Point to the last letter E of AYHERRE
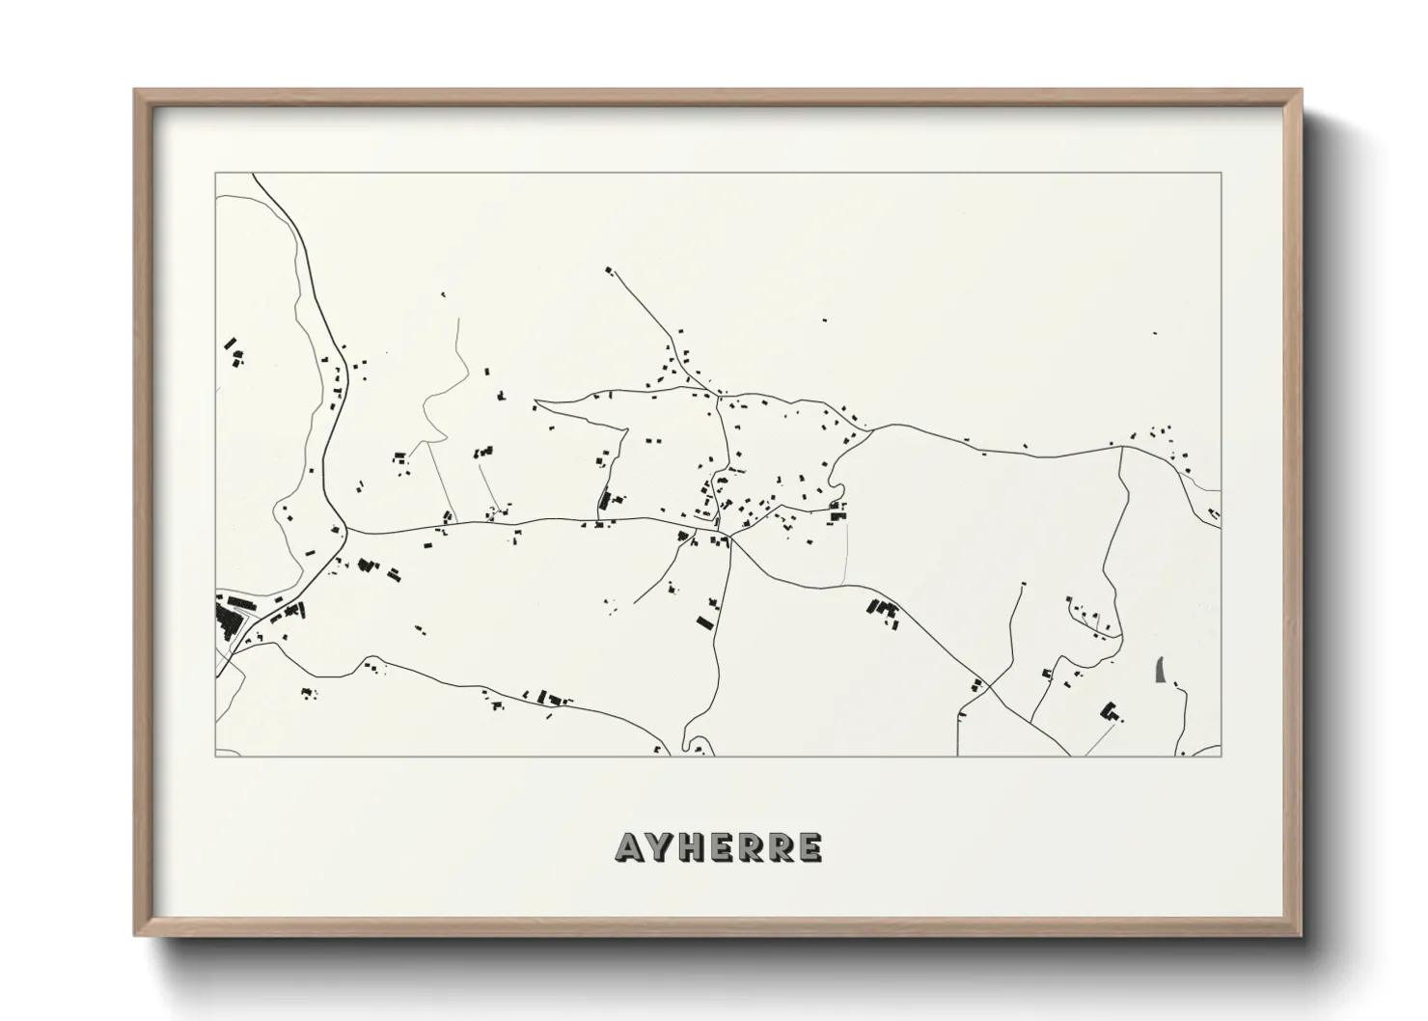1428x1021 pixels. click(809, 848)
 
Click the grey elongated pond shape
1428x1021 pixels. click(1160, 668)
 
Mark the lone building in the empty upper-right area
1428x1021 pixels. click(1154, 334)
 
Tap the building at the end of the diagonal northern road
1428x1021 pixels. click(608, 270)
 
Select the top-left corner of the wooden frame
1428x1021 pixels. click(136, 92)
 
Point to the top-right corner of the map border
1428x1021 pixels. click(1221, 173)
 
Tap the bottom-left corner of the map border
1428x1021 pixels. click(216, 756)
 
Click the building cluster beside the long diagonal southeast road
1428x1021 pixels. click(884, 611)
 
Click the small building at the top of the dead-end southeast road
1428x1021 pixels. click(1022, 584)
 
